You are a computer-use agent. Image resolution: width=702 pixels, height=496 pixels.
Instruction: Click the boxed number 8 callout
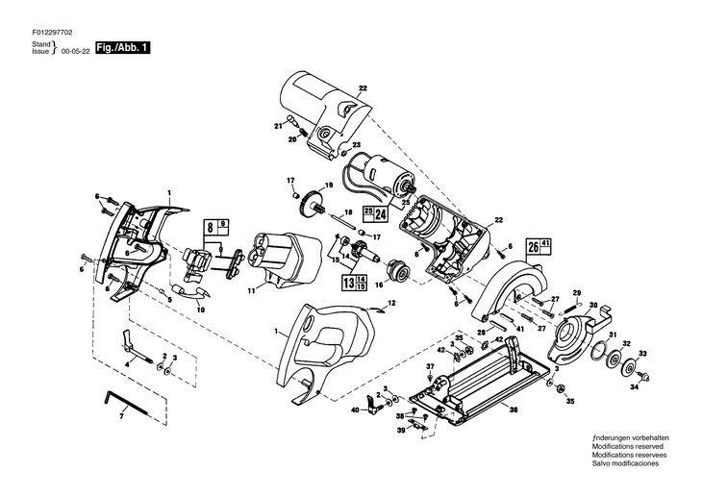click(209, 229)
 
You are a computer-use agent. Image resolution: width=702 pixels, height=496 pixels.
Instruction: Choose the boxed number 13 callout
click(347, 282)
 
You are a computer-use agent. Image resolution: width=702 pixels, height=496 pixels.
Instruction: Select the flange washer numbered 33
click(631, 366)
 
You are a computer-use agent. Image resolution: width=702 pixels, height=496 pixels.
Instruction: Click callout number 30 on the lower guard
click(593, 306)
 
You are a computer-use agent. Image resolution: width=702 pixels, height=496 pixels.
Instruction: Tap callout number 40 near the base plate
click(354, 410)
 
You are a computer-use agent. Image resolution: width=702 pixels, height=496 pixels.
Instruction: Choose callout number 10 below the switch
click(200, 310)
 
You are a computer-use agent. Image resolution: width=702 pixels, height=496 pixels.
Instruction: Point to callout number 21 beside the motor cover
click(278, 124)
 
